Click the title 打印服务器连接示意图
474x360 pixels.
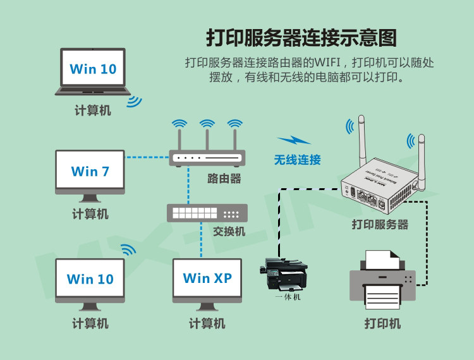tap(301, 37)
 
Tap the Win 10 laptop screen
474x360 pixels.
tap(93, 69)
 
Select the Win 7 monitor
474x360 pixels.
tap(90, 171)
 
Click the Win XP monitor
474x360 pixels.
tap(207, 278)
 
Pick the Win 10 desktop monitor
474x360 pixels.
tap(90, 279)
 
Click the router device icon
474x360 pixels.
tap(206, 158)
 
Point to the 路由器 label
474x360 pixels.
tap(224, 179)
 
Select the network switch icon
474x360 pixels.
tap(207, 213)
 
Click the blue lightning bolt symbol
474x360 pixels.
tap(294, 141)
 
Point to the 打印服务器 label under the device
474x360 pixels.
tap(380, 224)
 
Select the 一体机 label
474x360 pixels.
tap(288, 296)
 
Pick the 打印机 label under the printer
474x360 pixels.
tap(382, 323)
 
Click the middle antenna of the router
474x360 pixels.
tap(207, 136)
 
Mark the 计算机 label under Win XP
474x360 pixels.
tap(207, 323)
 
